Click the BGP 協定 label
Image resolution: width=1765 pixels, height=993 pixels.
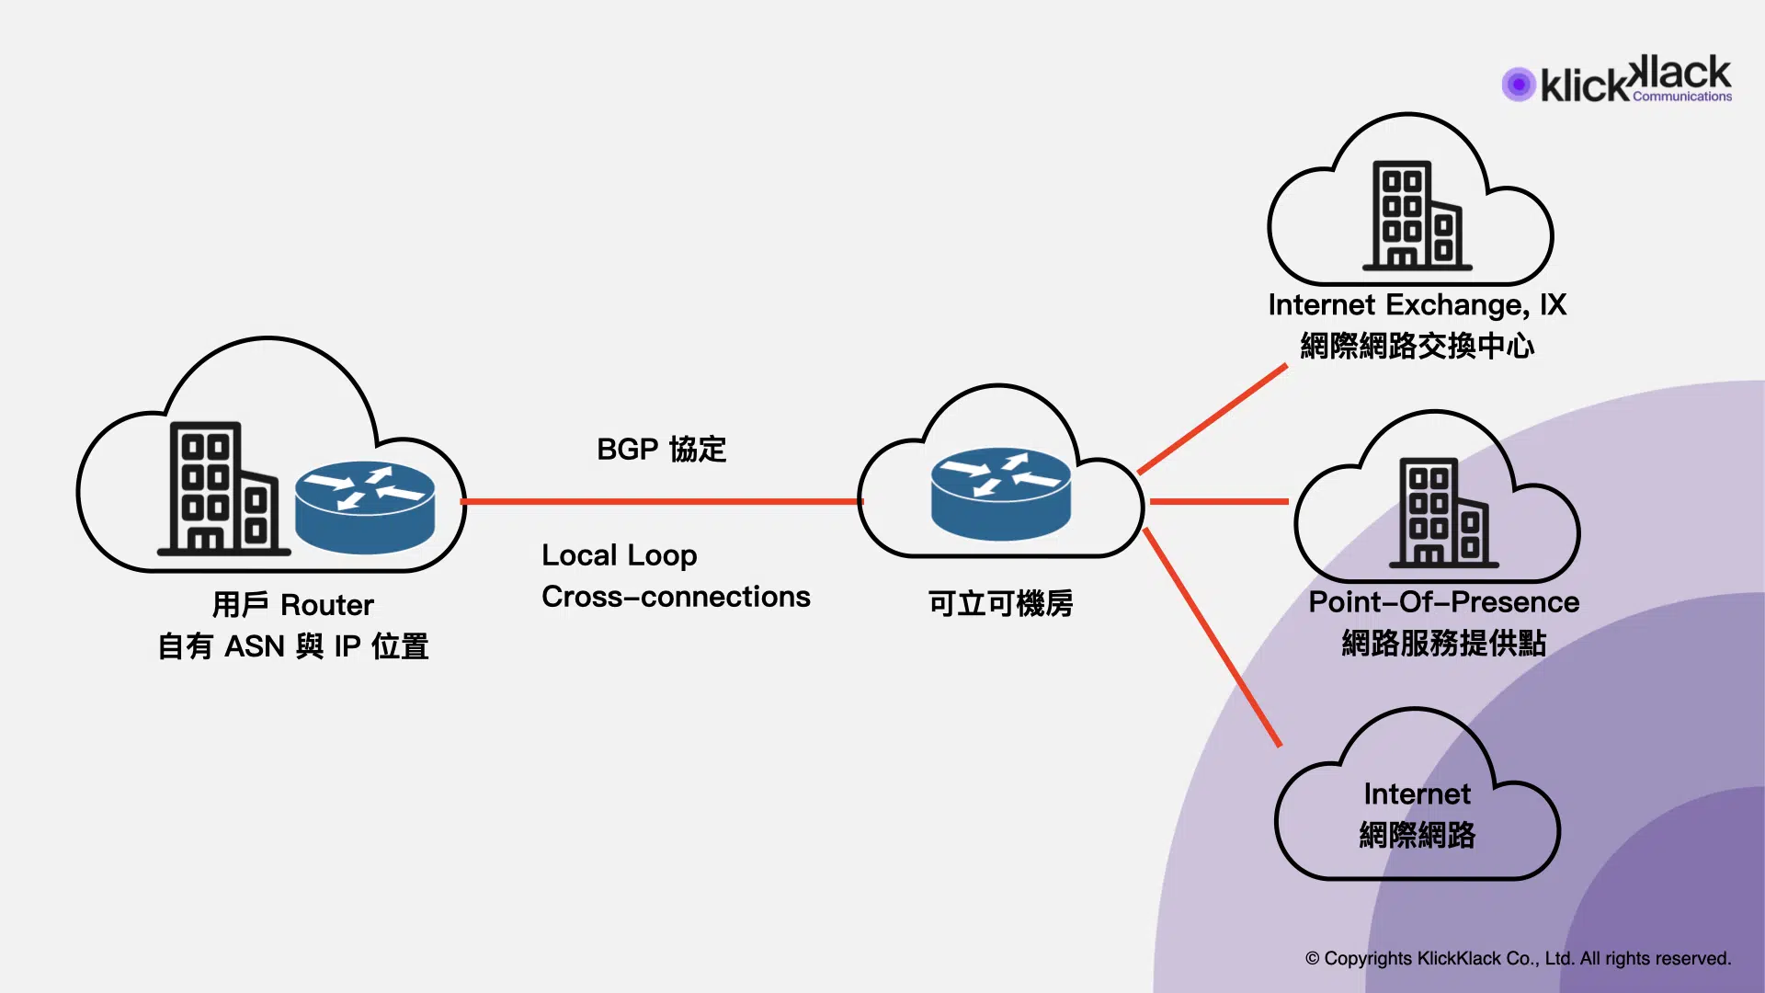coord(661,450)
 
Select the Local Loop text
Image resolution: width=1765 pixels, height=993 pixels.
coord(619,555)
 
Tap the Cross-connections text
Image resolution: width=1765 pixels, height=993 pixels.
coord(676,597)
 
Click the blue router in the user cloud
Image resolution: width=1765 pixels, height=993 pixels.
coord(365,507)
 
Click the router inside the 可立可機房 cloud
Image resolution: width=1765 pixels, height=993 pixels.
coord(1000,494)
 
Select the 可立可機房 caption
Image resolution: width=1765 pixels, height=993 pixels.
coord(1000,604)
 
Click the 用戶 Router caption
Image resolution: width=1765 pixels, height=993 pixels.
coord(292,605)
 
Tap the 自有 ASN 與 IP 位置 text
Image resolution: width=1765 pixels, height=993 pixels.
coord(292,646)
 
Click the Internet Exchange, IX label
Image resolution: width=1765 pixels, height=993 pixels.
coord(1417,305)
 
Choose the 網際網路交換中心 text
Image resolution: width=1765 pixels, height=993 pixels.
coord(1417,347)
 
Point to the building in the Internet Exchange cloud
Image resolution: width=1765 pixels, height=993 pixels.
coord(1417,216)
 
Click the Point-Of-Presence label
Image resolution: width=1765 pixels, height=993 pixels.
coord(1443,602)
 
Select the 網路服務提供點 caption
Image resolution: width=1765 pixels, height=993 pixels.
coord(1443,644)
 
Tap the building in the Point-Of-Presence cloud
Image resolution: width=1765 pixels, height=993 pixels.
coord(1443,513)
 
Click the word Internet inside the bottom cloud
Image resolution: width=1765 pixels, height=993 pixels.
coord(1417,794)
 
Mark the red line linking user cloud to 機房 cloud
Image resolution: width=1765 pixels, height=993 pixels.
coord(662,501)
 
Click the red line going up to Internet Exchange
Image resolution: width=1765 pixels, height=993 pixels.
coord(1212,419)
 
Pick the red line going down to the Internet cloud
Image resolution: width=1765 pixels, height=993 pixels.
coord(1212,636)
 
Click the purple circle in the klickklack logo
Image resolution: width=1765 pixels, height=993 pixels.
coord(1519,85)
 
